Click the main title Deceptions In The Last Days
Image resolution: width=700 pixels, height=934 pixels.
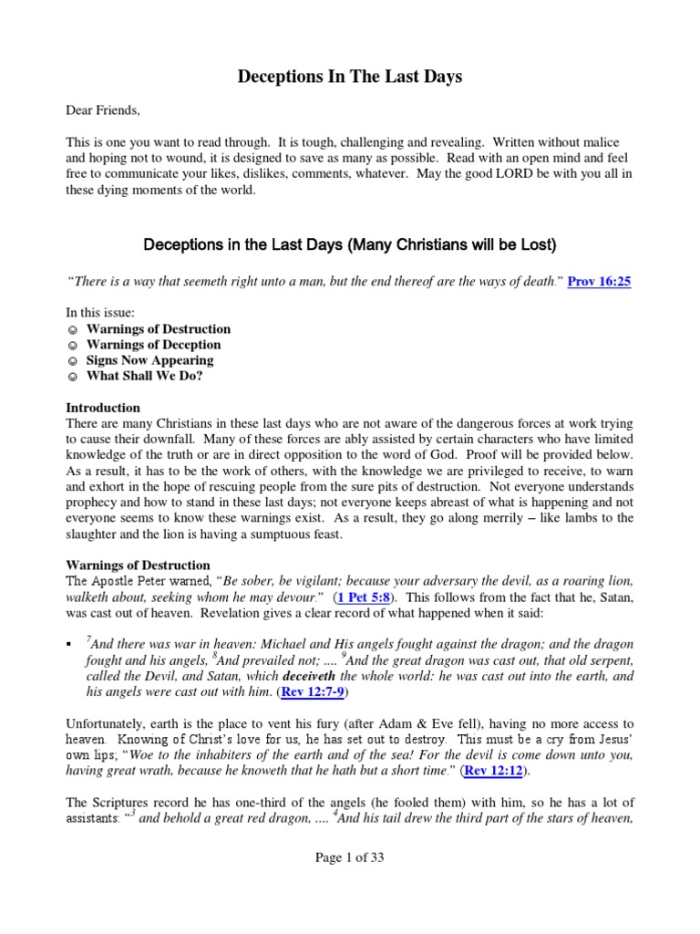(x=350, y=77)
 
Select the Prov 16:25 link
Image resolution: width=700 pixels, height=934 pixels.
(x=599, y=282)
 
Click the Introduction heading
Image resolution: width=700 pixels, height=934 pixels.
(x=103, y=408)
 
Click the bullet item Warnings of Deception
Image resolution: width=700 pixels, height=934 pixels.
(x=153, y=345)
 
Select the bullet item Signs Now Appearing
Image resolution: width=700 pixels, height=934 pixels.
(x=150, y=360)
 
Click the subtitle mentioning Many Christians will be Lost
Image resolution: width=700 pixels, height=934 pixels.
(x=350, y=245)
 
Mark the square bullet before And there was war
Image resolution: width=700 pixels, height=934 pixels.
(x=70, y=646)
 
